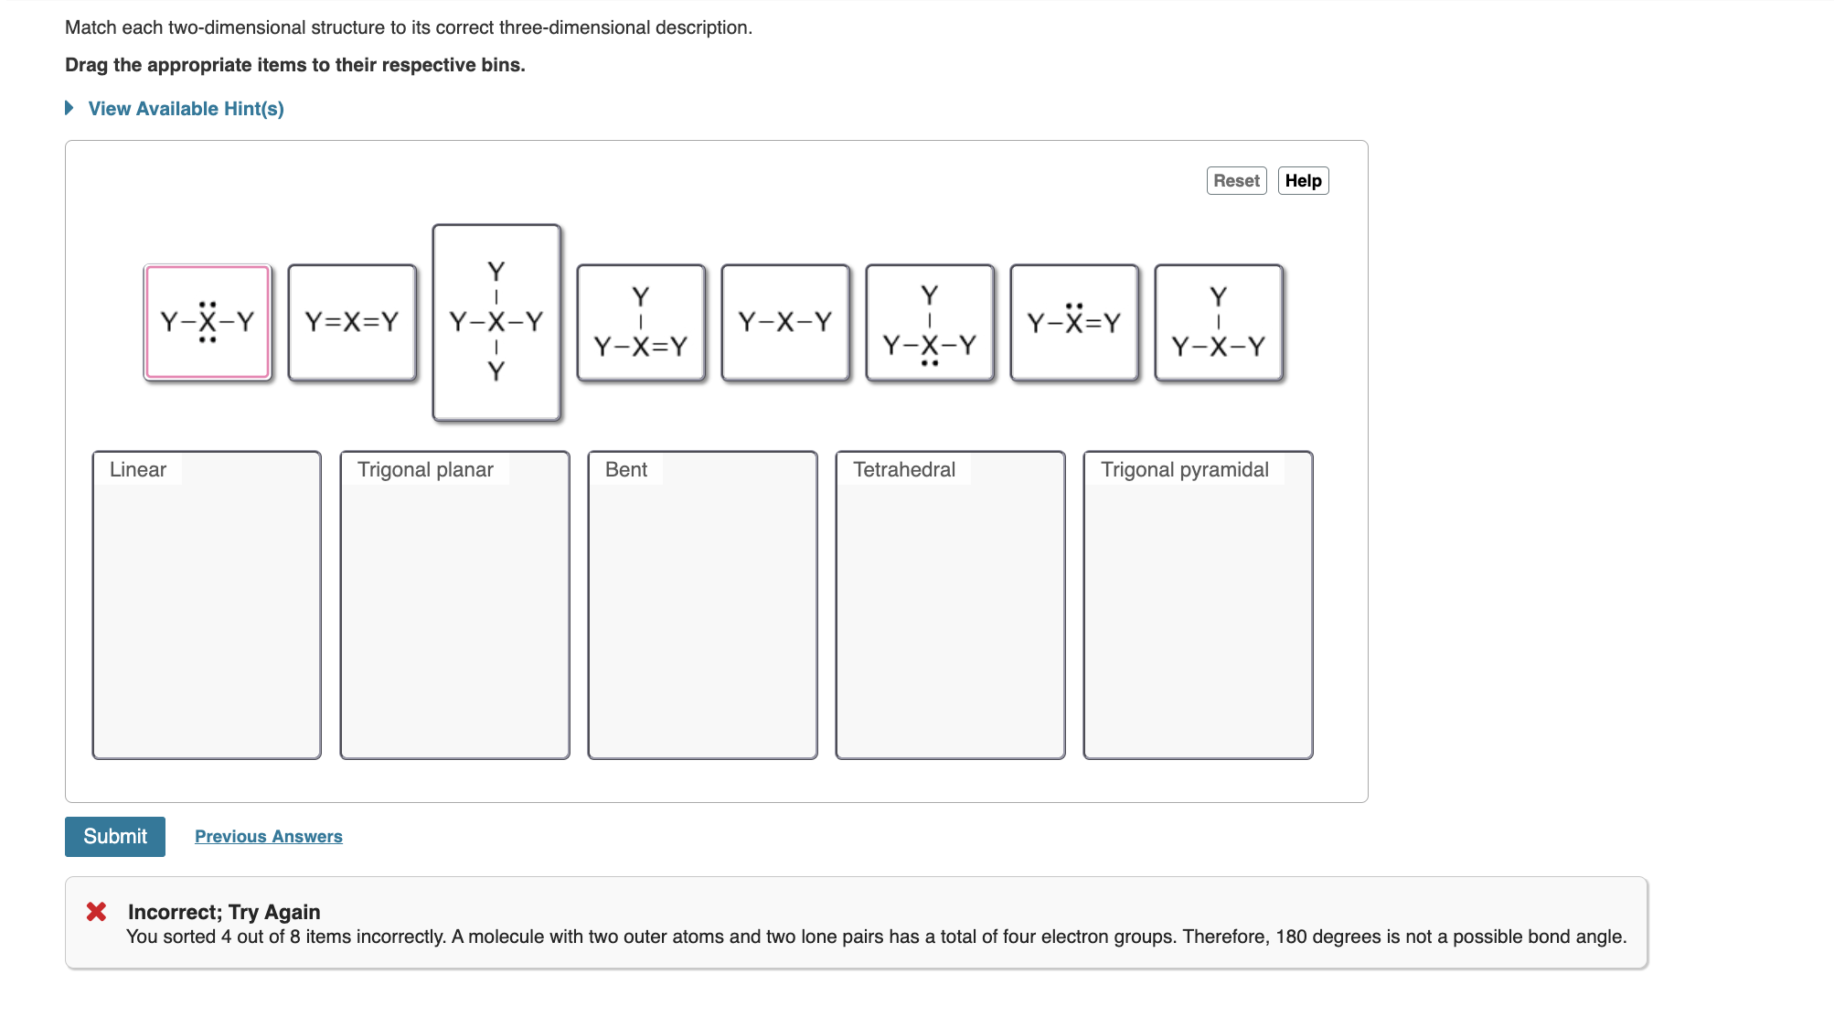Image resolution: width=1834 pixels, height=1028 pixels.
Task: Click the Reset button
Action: (x=1236, y=181)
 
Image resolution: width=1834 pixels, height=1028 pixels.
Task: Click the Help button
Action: (x=1303, y=181)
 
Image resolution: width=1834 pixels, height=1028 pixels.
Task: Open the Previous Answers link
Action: (x=268, y=837)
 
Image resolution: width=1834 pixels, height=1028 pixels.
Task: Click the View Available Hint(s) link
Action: (x=186, y=109)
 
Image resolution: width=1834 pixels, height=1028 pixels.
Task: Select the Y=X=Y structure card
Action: (x=352, y=322)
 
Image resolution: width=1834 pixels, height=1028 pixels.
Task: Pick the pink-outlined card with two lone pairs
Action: (x=208, y=322)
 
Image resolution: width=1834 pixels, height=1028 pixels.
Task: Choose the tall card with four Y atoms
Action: (x=496, y=322)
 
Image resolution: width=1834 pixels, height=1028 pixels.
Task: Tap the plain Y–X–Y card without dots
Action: (x=785, y=322)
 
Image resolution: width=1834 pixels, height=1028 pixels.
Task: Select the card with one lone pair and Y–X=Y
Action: (x=1074, y=322)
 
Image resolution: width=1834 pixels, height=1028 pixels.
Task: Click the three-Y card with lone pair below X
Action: (x=930, y=322)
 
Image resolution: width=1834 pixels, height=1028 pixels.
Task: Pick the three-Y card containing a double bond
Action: (x=641, y=322)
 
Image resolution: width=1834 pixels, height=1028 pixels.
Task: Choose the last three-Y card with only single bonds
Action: (x=1219, y=322)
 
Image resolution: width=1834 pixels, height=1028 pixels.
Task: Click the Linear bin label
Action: (x=138, y=470)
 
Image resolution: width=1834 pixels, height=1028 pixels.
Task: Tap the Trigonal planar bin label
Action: (x=425, y=470)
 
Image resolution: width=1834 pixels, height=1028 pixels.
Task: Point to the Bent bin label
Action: (x=626, y=470)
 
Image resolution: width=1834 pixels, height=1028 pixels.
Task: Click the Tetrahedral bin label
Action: (x=904, y=470)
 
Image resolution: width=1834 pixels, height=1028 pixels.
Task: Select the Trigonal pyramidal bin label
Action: (x=1184, y=470)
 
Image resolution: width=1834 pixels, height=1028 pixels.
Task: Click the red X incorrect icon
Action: (x=96, y=912)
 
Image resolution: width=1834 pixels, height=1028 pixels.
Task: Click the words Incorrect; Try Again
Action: (x=224, y=912)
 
